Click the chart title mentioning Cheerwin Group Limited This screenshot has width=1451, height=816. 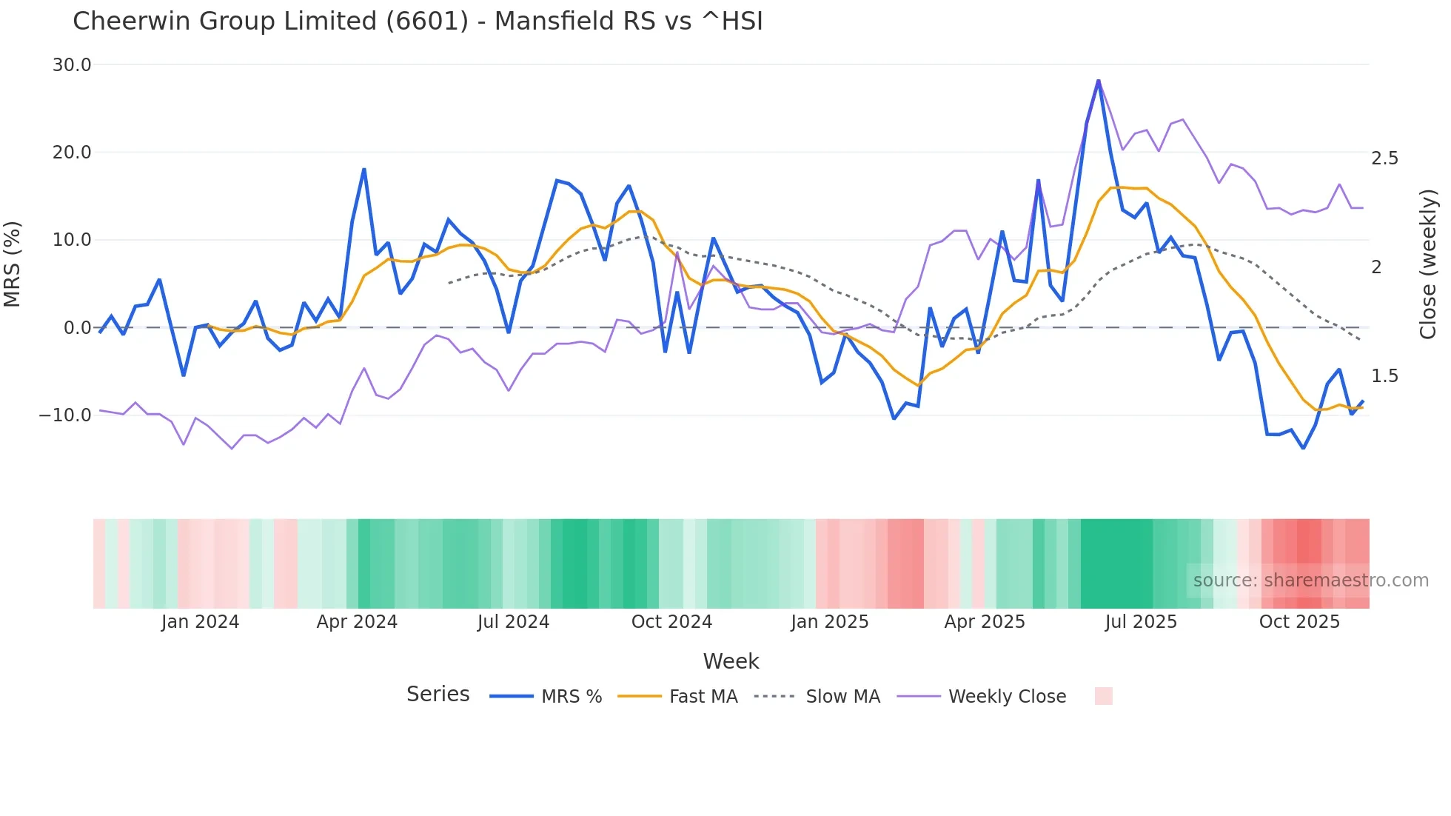coord(418,21)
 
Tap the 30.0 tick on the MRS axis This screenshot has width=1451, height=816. coord(72,65)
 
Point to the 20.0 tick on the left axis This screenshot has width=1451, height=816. coord(72,153)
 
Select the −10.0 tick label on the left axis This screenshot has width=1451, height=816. coord(65,415)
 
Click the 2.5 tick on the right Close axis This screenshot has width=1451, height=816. coord(1384,158)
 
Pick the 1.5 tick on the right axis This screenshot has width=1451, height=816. coord(1384,376)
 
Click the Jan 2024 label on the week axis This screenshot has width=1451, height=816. coord(200,622)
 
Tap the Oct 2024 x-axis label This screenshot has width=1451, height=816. coord(671,622)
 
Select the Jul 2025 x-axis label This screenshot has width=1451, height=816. coord(1141,622)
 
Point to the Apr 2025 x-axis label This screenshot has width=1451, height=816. coord(985,622)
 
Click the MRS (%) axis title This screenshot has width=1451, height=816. coord(13,264)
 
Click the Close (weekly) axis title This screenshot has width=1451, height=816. coord(1428,264)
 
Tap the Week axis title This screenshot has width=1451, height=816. coord(731,661)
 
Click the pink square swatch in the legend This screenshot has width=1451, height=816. coord(1103,696)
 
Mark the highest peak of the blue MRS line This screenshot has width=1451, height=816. coord(1099,81)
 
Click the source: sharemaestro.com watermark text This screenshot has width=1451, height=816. coord(1310,581)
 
